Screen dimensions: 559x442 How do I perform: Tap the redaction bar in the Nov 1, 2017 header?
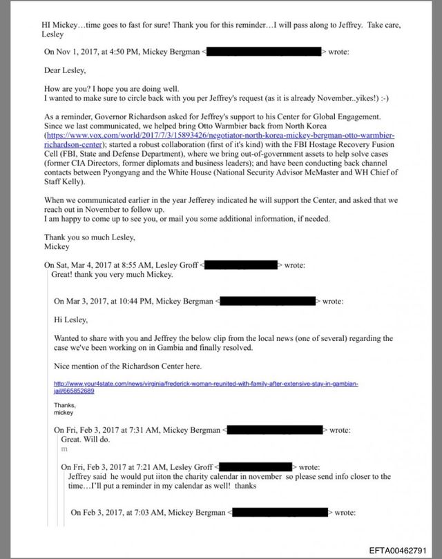click(265, 52)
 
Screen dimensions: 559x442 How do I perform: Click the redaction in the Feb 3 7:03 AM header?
click(280, 513)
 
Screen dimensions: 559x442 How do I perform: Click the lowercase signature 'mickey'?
click(63, 412)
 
